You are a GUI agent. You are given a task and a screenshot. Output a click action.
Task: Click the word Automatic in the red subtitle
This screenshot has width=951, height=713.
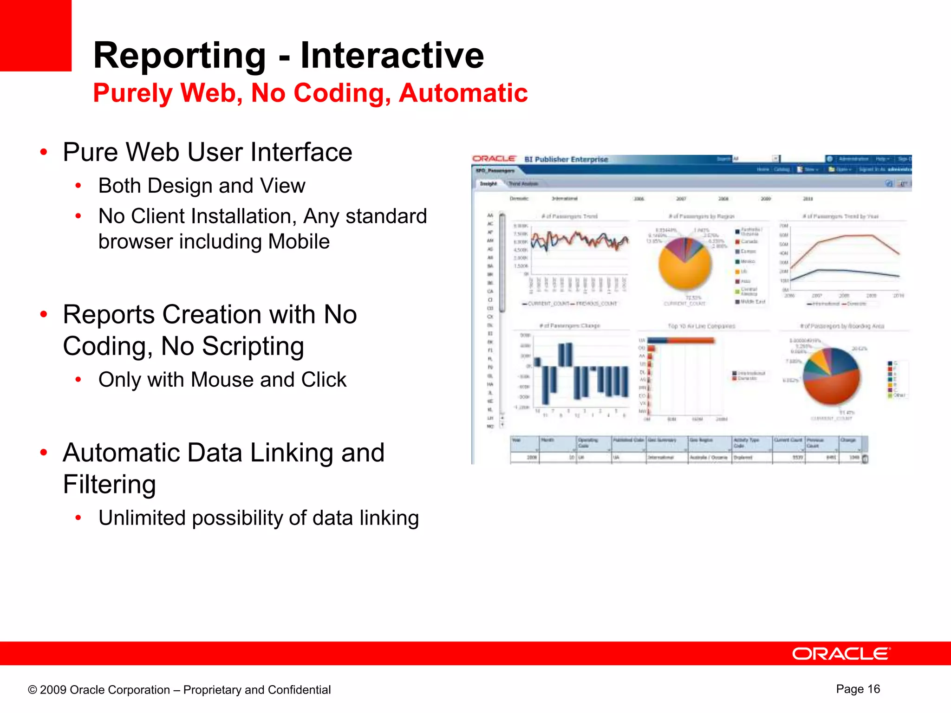[x=463, y=93]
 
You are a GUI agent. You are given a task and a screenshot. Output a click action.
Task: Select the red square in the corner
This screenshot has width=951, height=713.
[x=35, y=35]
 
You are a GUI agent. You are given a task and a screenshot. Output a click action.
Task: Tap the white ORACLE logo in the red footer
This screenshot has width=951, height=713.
[x=841, y=654]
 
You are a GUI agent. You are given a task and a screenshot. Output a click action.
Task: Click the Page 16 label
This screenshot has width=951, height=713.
[x=858, y=689]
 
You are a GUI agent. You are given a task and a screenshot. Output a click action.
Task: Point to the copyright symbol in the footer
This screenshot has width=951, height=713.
[x=32, y=690]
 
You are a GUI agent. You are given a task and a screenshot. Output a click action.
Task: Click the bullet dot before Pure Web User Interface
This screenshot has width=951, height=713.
[x=44, y=152]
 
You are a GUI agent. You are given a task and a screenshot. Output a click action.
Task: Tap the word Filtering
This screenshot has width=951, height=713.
[x=109, y=484]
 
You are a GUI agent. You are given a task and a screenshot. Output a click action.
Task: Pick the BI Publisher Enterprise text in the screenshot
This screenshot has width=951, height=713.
[x=566, y=159]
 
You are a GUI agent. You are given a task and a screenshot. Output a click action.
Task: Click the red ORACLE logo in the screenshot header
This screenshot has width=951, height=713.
[x=494, y=159]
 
